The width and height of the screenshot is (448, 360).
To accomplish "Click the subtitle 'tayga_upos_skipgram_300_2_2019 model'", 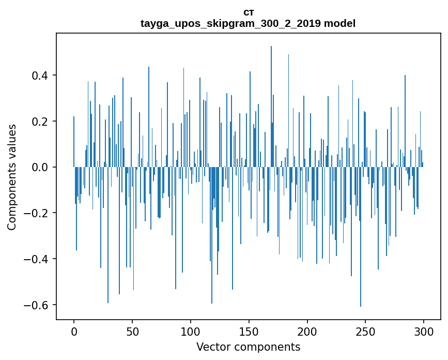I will tap(248, 23).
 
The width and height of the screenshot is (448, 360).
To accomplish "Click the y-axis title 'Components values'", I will tap(12, 177).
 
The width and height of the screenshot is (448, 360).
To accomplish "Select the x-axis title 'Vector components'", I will tap(248, 347).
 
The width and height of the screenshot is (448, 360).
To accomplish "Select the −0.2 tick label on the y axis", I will tap(37, 213).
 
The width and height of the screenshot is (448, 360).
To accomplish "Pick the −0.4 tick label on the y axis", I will tap(37, 259).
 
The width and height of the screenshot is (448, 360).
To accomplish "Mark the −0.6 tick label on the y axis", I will tap(37, 305).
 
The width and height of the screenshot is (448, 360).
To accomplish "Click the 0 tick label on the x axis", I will tap(74, 331).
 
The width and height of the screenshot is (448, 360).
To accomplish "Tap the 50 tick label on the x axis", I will tap(132, 331).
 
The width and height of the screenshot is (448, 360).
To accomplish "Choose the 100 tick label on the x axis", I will tap(191, 331).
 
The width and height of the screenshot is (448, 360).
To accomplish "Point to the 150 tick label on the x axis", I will tap(249, 331).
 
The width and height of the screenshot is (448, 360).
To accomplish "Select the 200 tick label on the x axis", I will tap(307, 331).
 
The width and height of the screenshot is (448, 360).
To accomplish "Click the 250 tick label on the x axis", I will tap(366, 331).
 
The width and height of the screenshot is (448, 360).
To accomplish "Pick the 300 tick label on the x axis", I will tap(424, 331).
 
